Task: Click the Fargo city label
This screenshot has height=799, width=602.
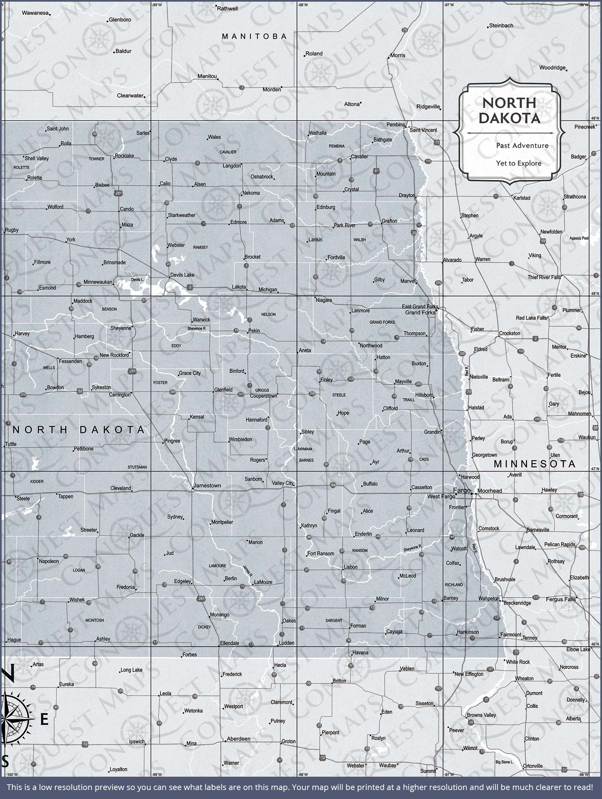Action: [462, 490]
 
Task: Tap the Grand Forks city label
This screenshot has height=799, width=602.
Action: [420, 313]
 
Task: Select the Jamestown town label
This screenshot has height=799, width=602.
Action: [207, 485]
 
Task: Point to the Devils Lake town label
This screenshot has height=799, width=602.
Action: [182, 275]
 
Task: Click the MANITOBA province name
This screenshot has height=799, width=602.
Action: [254, 37]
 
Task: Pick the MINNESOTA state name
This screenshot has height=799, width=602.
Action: [534, 464]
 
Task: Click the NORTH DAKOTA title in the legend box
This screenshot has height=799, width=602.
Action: [509, 111]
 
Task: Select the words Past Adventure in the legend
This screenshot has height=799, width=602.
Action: [522, 145]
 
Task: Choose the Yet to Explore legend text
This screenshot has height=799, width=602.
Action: [518, 163]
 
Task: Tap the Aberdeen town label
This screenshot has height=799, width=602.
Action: [238, 739]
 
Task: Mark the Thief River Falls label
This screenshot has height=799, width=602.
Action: [544, 277]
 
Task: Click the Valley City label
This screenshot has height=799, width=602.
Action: [283, 483]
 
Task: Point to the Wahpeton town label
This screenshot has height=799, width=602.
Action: [488, 599]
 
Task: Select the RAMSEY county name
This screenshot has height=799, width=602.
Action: [200, 247]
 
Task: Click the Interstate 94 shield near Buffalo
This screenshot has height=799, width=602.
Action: [333, 485]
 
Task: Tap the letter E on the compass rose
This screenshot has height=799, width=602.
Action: [44, 719]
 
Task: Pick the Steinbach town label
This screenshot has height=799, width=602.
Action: [501, 26]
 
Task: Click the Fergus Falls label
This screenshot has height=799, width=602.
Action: [560, 599]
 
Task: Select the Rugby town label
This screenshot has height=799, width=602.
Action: [12, 230]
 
